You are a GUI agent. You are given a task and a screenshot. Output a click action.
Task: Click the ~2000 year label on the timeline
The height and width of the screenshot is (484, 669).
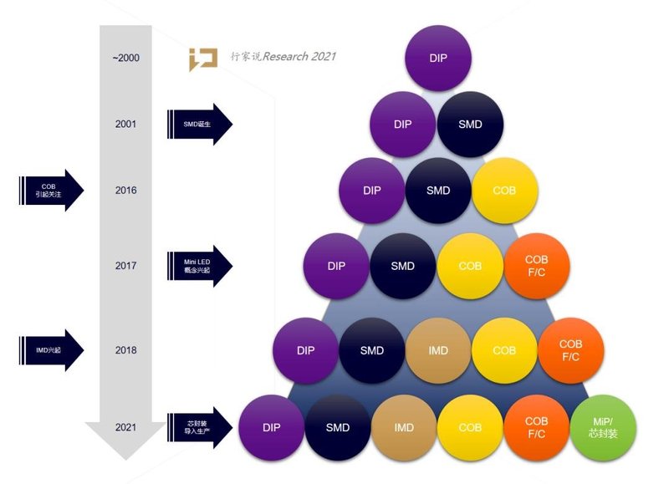click(x=125, y=59)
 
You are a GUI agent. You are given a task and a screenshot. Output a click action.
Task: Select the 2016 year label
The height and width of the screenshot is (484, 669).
click(x=125, y=191)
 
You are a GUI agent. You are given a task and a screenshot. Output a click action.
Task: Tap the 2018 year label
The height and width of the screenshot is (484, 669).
click(x=125, y=350)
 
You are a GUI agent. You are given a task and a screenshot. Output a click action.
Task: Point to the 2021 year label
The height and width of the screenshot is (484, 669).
click(x=125, y=427)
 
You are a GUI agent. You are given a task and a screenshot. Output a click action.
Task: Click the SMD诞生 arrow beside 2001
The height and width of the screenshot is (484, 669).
click(x=199, y=125)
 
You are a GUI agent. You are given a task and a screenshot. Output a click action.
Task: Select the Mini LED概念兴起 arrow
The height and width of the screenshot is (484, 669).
click(x=199, y=266)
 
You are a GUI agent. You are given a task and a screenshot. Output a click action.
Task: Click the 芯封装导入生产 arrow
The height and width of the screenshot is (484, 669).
click(x=199, y=425)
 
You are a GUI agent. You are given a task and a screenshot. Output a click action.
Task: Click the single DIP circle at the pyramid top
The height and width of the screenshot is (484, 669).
click(x=437, y=59)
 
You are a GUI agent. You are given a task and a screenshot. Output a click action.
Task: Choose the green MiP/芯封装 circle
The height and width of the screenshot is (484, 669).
click(x=603, y=427)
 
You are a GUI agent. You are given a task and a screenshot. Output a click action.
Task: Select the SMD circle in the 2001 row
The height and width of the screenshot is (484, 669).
click(x=471, y=124)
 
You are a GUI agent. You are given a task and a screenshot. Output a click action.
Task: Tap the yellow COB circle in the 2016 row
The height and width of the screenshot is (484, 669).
click(x=504, y=191)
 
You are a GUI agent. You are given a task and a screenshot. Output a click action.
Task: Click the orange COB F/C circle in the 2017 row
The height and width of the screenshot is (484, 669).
click(x=537, y=266)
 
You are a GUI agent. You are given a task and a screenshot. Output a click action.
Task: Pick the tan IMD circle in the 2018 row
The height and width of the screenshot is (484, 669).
click(x=438, y=350)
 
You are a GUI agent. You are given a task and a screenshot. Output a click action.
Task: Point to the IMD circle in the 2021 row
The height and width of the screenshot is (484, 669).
click(x=404, y=427)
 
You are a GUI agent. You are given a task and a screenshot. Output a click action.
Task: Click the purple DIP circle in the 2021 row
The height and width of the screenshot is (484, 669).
click(x=271, y=427)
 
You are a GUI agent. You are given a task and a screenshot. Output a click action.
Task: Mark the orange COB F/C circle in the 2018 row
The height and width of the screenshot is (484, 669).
click(x=570, y=350)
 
